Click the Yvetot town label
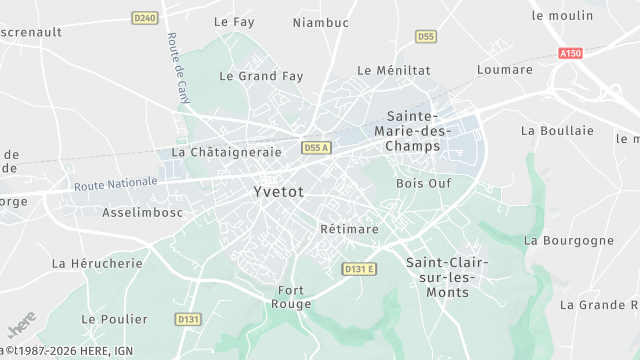278,191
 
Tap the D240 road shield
145,17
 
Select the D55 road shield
426,37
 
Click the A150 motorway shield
571,53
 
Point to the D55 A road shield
316,148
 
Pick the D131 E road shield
358,268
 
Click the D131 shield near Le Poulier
188,319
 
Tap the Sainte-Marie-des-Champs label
412,131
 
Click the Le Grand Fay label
261,75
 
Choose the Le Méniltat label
394,70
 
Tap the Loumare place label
505,70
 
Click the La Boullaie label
557,130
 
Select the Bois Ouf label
424,183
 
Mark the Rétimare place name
349,229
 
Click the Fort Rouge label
292,297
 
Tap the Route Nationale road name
116,184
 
